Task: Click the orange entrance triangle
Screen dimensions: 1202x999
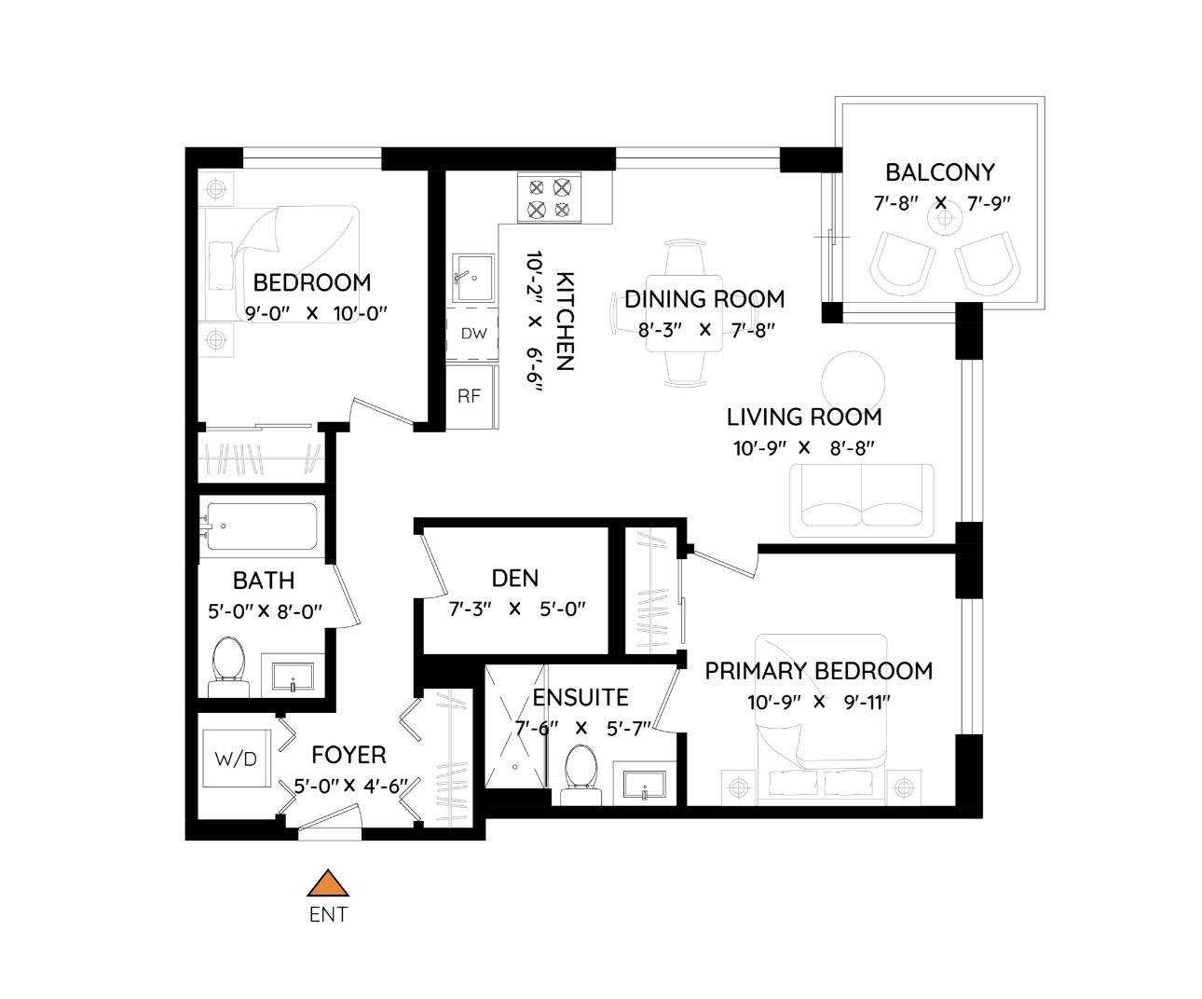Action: tap(328, 883)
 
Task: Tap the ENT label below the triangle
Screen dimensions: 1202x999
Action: tap(328, 914)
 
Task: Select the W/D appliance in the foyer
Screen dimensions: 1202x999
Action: tap(236, 759)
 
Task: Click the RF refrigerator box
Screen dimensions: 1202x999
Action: tap(470, 396)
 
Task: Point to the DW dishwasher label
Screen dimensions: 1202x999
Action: tap(473, 333)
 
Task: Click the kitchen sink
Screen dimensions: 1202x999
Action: tap(473, 278)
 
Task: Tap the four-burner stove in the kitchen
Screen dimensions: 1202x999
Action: tap(549, 198)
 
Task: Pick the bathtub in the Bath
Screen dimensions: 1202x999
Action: tap(261, 527)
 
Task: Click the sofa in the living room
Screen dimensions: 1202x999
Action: tap(861, 500)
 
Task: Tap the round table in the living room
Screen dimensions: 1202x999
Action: tap(853, 383)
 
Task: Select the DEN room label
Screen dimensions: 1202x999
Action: tap(515, 578)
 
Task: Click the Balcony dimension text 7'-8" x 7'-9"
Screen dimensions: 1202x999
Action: tap(942, 203)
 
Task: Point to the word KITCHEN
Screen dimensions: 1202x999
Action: tap(565, 321)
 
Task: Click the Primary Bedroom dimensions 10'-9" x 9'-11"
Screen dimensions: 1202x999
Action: tap(819, 703)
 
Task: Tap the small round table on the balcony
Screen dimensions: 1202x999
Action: tap(945, 218)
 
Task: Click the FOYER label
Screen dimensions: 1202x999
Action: tap(348, 755)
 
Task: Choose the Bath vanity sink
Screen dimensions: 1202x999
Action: tap(293, 676)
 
